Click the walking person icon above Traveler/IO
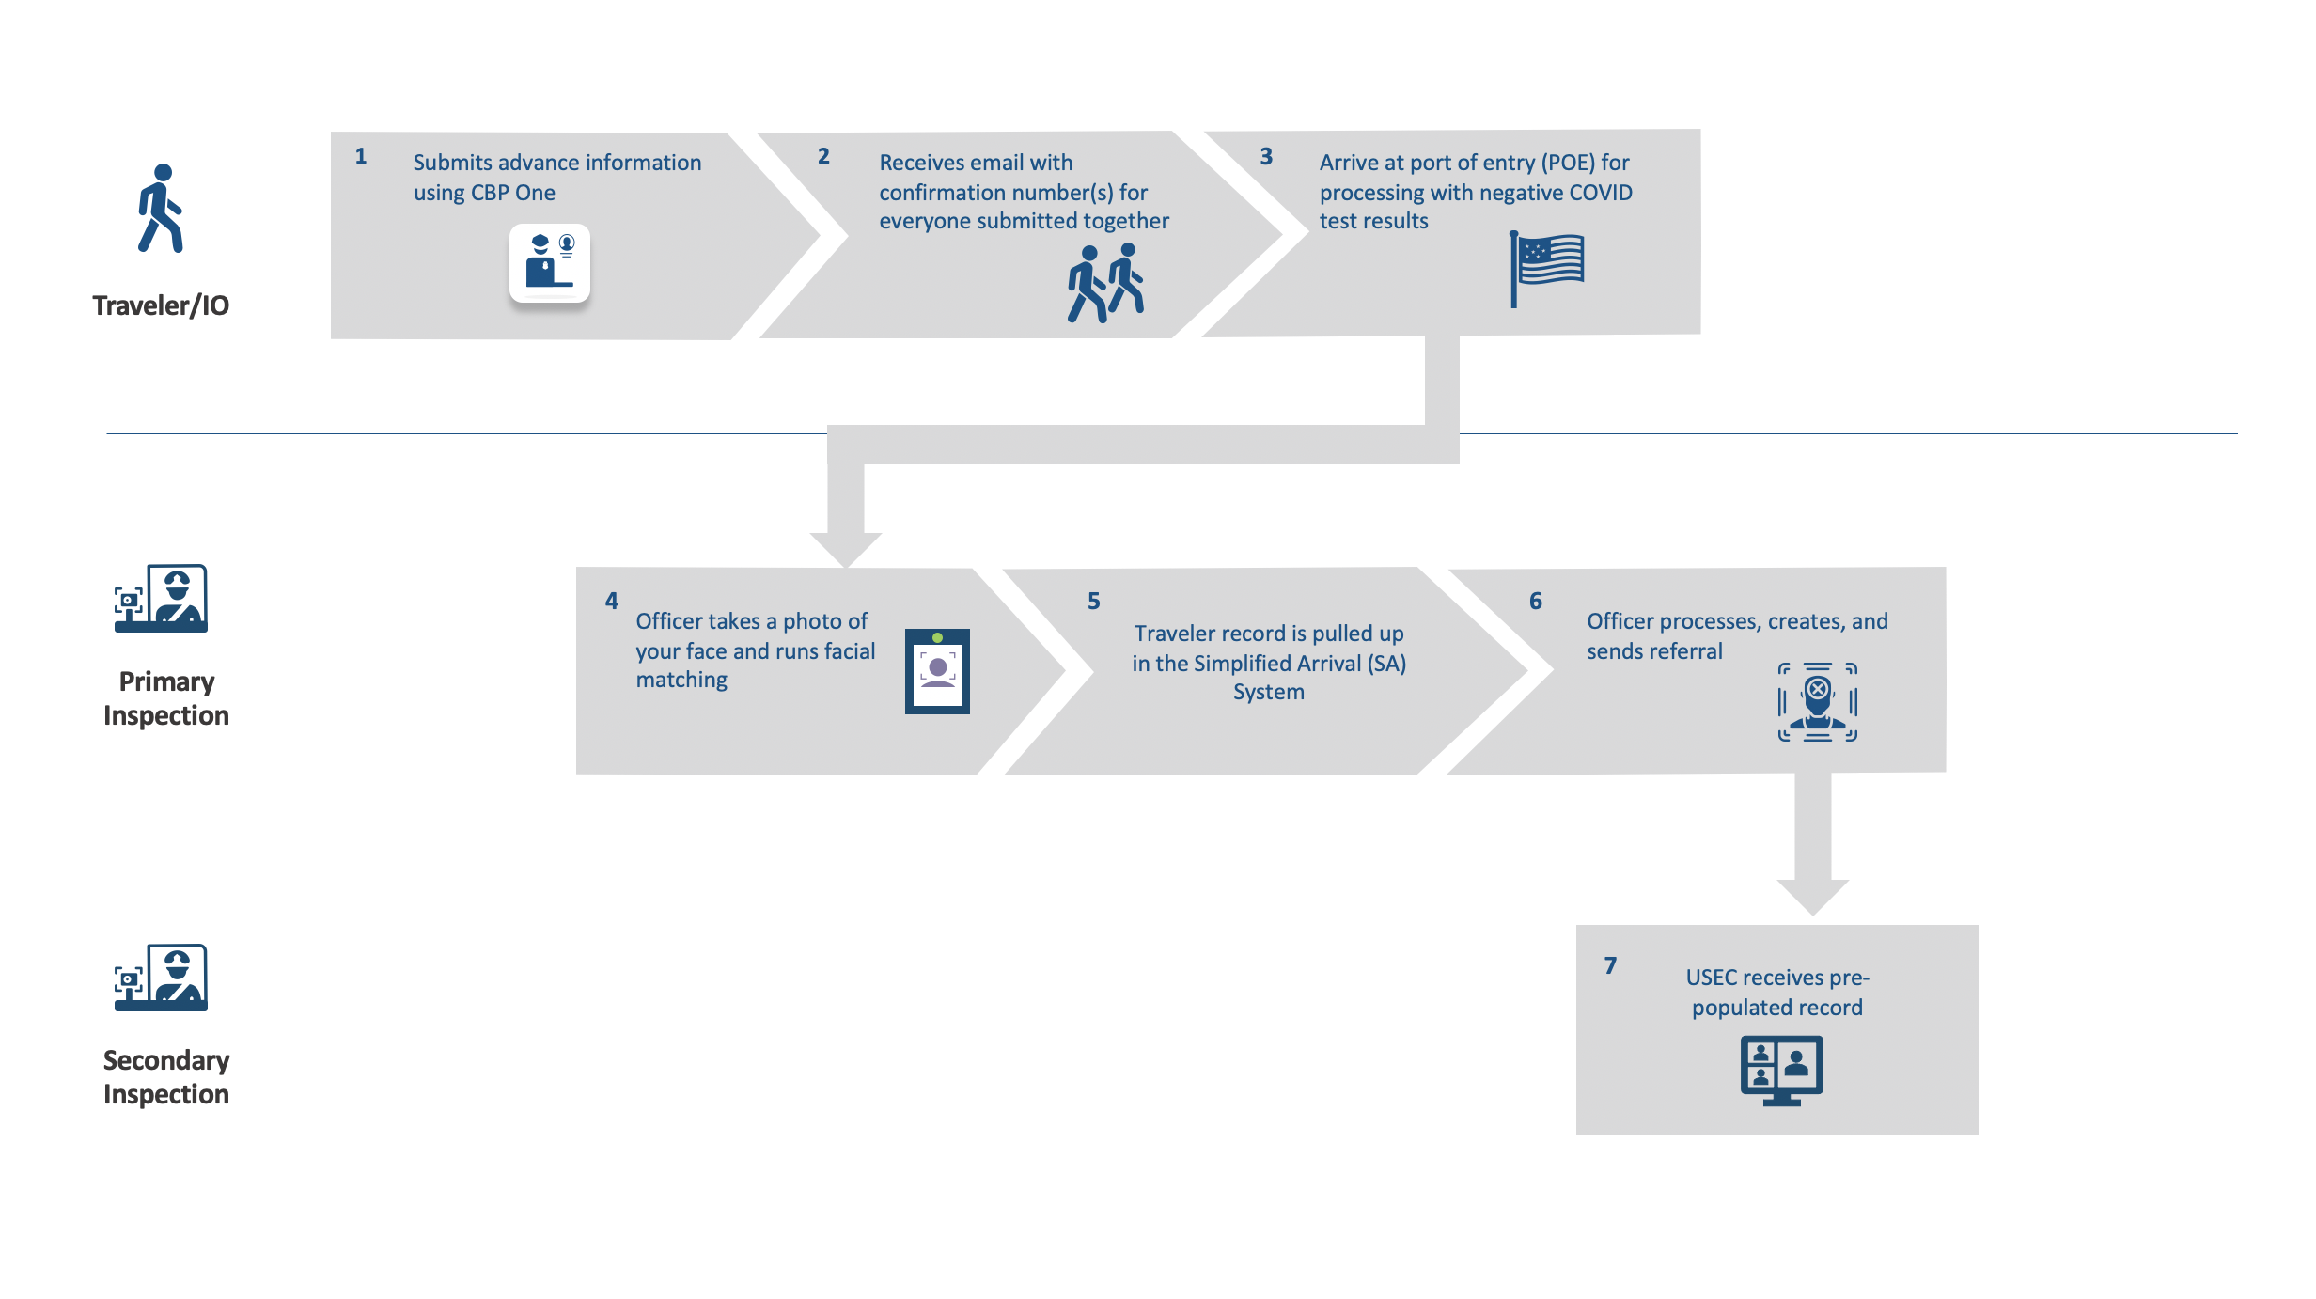point(161,209)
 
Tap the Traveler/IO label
point(161,305)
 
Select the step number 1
point(361,156)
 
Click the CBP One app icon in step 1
point(550,263)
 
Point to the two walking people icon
point(1105,283)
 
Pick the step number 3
point(1266,156)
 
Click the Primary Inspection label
point(166,698)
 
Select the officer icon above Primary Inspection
point(161,599)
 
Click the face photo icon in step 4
point(937,671)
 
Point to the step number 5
point(1094,602)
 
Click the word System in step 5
point(1269,692)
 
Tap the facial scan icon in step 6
point(1818,702)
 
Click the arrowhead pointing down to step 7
point(1813,896)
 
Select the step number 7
point(1610,965)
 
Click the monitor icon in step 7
point(1781,1070)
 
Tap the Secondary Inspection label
point(166,1077)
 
